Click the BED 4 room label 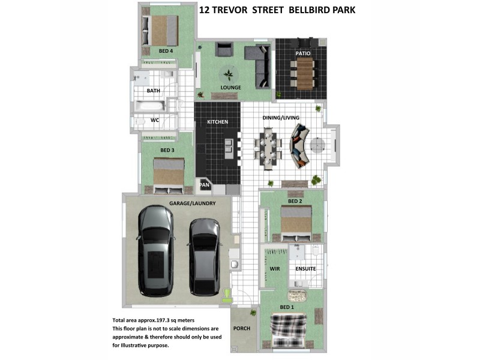(x=166, y=52)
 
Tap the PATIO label (x=303, y=53)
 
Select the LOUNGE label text (x=230, y=88)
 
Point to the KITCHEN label (x=217, y=122)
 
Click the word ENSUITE (x=305, y=269)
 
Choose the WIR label (x=275, y=269)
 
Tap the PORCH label (x=242, y=329)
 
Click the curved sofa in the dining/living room (x=300, y=146)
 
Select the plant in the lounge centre (x=228, y=75)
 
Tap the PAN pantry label (x=204, y=185)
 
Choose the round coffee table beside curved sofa (x=317, y=146)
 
